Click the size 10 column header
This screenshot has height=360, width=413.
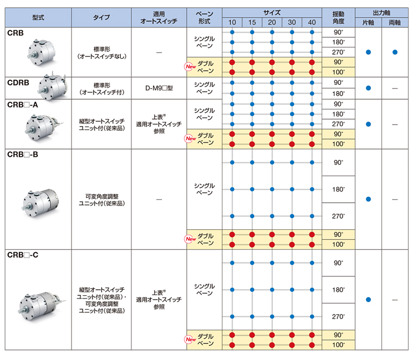[x=232, y=22]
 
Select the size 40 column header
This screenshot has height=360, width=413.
[x=312, y=22]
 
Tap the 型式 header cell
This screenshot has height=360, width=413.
[x=38, y=18]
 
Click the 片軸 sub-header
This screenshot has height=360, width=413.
[x=368, y=23]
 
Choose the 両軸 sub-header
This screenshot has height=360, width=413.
[x=395, y=23]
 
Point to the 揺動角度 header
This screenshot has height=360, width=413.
[x=339, y=18]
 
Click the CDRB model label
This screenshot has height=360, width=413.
[x=18, y=83]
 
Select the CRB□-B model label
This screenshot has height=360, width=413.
[x=23, y=155]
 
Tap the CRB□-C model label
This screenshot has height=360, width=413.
[x=23, y=255]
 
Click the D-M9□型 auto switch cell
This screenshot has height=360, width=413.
[x=159, y=88]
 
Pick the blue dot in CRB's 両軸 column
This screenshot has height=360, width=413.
[x=395, y=52]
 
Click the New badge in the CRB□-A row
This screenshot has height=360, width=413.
[x=191, y=138]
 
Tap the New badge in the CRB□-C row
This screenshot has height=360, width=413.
[x=191, y=339]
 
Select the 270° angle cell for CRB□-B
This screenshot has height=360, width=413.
[x=339, y=216]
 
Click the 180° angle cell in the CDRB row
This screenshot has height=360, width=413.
[x=339, y=94]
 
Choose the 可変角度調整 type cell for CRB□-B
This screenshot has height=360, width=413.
[x=101, y=200]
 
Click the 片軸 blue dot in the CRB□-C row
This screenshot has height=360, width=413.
[x=368, y=300]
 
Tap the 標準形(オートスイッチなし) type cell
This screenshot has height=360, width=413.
[x=101, y=53]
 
